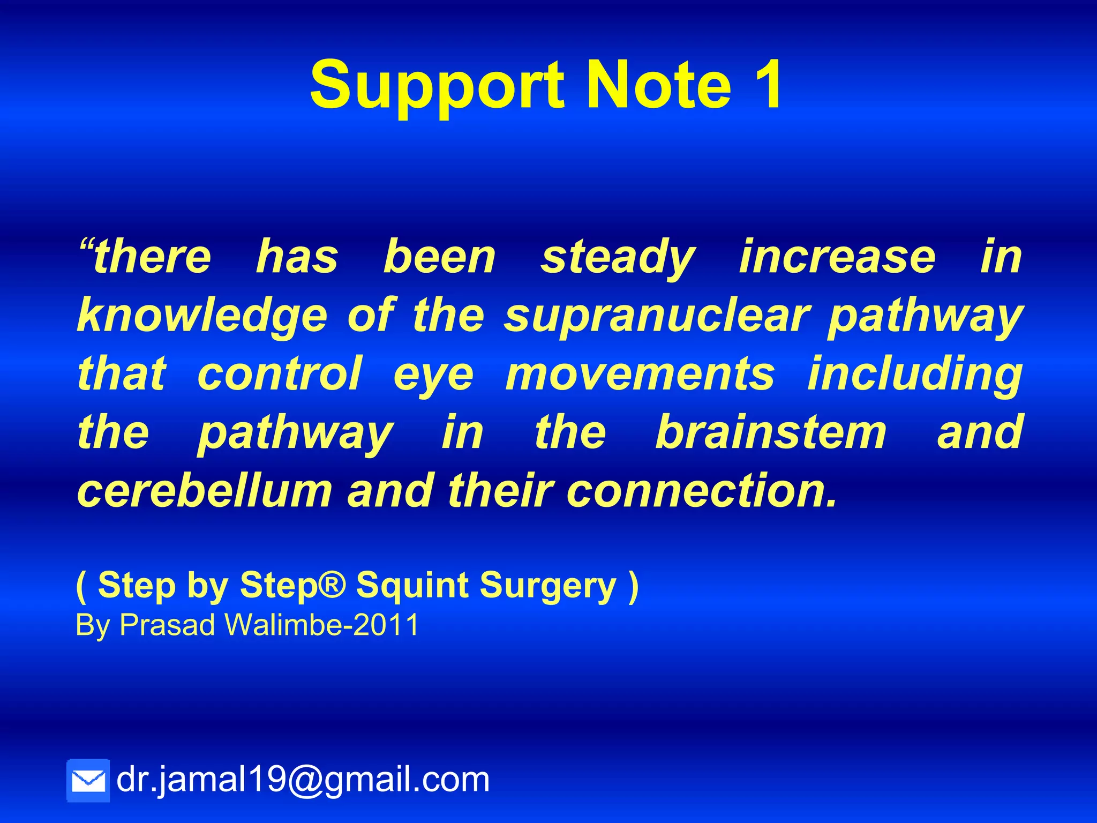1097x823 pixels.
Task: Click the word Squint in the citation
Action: [412, 586]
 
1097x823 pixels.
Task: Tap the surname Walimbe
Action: [283, 625]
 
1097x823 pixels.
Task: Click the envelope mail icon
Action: [88, 780]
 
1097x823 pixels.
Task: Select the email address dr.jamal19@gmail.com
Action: [303, 779]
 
